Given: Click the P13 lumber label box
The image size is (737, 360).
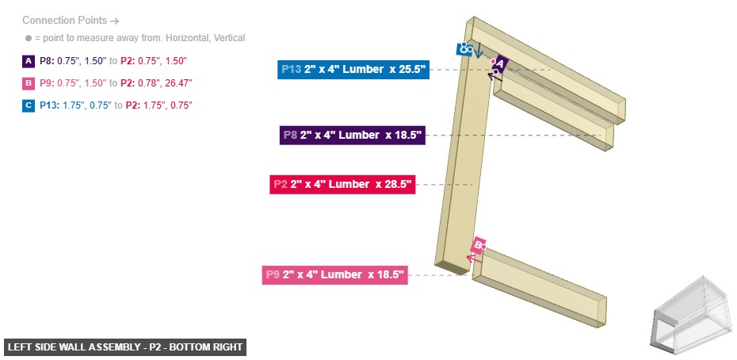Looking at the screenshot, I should coord(353,69).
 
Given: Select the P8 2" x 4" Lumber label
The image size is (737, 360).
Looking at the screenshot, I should coord(353,135).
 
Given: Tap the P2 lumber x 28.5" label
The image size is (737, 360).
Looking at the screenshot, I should coord(342,184).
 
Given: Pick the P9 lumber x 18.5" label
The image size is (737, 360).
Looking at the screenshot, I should coord(334,274).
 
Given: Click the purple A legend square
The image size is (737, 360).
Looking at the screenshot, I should coord(29,60).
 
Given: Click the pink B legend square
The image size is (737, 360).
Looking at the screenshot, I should coord(29,82).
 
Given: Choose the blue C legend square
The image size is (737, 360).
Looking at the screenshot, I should coord(29,105).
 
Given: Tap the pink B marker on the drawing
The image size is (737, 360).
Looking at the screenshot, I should coord(479,245).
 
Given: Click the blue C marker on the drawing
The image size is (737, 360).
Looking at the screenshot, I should coord(464,49).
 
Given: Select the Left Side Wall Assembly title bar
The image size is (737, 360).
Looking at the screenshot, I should coord(125,347).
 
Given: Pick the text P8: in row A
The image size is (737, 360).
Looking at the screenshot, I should coord(47,60).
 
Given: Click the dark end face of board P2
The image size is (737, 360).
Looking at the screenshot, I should coord(453,267).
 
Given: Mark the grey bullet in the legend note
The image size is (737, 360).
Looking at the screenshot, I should coord(28,38).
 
